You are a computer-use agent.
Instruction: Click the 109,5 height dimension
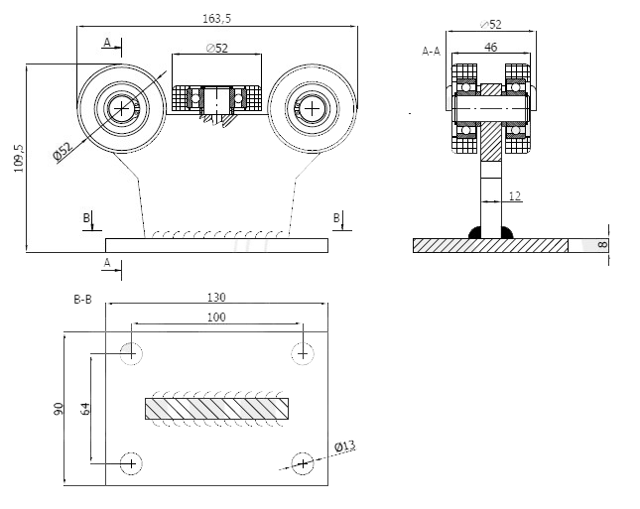pos(18,158)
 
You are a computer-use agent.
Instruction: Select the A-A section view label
pos(431,50)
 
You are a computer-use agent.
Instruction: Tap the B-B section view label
pos(82,299)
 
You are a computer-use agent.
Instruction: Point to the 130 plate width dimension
pos(216,297)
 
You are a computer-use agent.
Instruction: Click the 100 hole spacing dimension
pos(216,317)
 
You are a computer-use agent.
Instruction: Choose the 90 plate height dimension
pos(60,408)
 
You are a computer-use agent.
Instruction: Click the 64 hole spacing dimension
pos(84,408)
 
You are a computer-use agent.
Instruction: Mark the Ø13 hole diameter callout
pos(344,446)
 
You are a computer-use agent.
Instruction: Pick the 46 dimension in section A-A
pos(490,46)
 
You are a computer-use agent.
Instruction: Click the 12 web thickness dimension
pos(514,196)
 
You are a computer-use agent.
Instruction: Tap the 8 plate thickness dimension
pos(601,244)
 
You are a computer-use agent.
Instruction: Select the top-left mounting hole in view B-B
pos(130,352)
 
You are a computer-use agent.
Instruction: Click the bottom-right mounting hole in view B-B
pos(303,461)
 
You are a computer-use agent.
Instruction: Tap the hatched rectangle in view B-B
pos(217,408)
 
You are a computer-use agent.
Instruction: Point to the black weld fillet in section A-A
pos(475,232)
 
